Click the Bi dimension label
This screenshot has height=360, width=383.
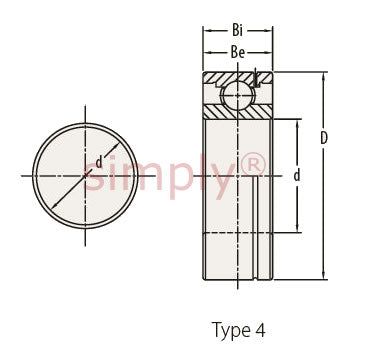(x=237, y=30)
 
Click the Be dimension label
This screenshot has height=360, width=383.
(x=238, y=52)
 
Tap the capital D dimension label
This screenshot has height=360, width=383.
(x=324, y=138)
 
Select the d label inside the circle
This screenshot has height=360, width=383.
(x=99, y=162)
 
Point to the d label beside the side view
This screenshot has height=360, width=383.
(x=297, y=175)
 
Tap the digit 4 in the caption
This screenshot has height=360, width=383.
(x=261, y=330)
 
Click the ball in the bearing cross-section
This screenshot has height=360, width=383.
(x=237, y=94)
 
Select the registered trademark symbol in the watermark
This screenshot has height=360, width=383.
(x=253, y=164)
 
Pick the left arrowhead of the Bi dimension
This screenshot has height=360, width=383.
(x=208, y=31)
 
